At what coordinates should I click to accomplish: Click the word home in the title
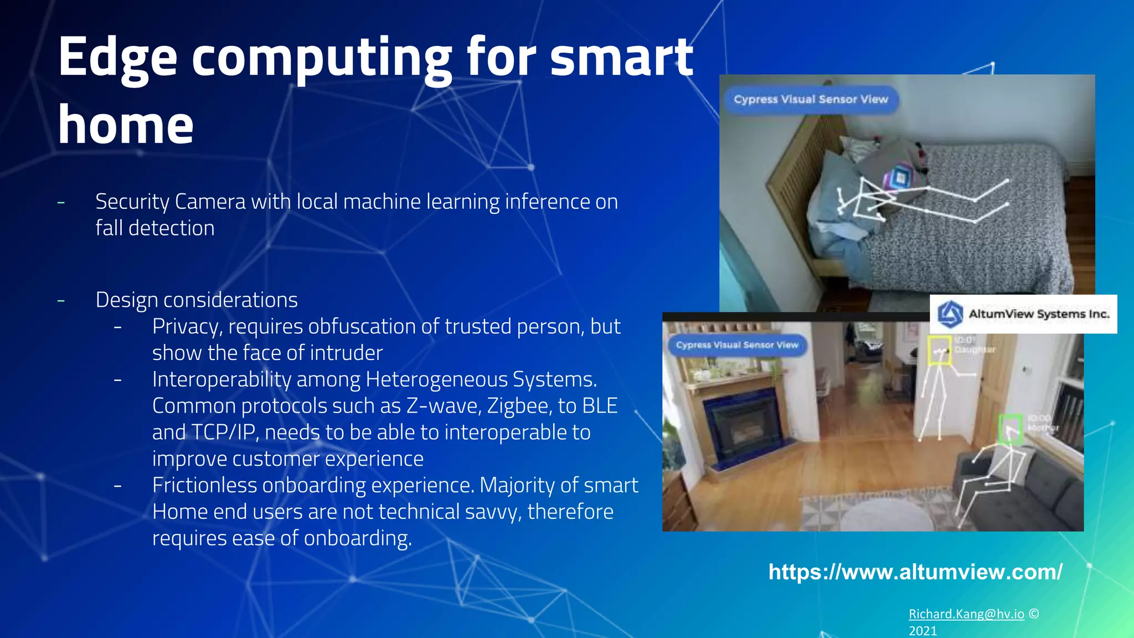coord(126,125)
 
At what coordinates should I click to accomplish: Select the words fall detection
coord(155,228)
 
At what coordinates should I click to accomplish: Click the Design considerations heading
coord(197,300)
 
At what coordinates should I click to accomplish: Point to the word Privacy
coord(187,327)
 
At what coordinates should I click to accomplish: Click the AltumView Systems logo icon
coord(950,314)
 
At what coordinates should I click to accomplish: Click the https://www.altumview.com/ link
coord(915,572)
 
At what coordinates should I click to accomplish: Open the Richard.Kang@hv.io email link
coord(966,614)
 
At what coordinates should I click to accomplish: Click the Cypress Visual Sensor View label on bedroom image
coord(811,100)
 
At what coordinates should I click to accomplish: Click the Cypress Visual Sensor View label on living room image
coord(737,345)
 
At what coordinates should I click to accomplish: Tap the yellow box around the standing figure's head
coord(939,351)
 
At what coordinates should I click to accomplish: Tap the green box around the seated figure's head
coord(1010,429)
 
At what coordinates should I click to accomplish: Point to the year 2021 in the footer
coord(923,631)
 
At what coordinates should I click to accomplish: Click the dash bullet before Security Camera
coord(61,203)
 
